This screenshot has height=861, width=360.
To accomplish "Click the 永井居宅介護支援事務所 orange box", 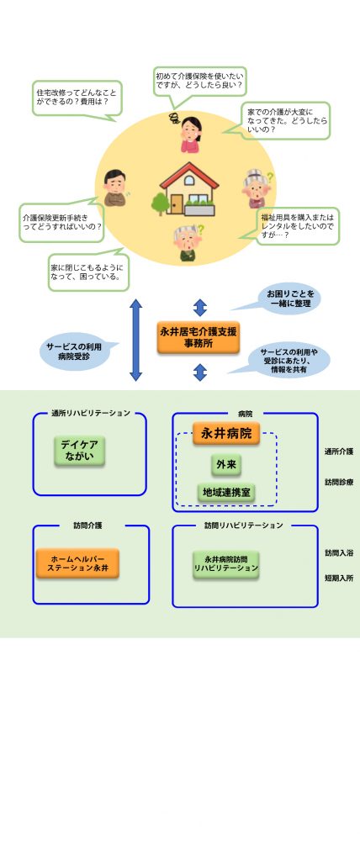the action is tap(199, 337).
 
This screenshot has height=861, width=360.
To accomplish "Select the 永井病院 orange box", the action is tap(226, 434).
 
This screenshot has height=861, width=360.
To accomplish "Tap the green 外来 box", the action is tap(226, 465).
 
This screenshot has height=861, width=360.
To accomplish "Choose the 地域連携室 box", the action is tap(226, 493).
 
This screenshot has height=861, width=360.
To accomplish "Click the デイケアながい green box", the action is tap(80, 452).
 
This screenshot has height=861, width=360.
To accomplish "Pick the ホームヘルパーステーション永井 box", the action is tap(77, 563).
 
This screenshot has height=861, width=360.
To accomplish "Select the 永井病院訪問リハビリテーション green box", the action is tap(226, 564).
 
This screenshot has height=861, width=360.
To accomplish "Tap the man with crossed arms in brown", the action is tap(115, 188).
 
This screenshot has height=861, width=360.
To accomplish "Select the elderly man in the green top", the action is tap(187, 243).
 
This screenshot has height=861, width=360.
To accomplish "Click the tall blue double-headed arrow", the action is tap(135, 340).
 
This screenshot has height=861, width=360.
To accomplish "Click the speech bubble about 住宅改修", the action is tap(77, 98).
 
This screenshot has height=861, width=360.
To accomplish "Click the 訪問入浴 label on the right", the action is tap(339, 553).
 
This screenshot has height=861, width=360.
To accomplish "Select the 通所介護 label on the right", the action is tap(339, 452).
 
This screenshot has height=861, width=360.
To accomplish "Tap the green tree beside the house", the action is tap(161, 203).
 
